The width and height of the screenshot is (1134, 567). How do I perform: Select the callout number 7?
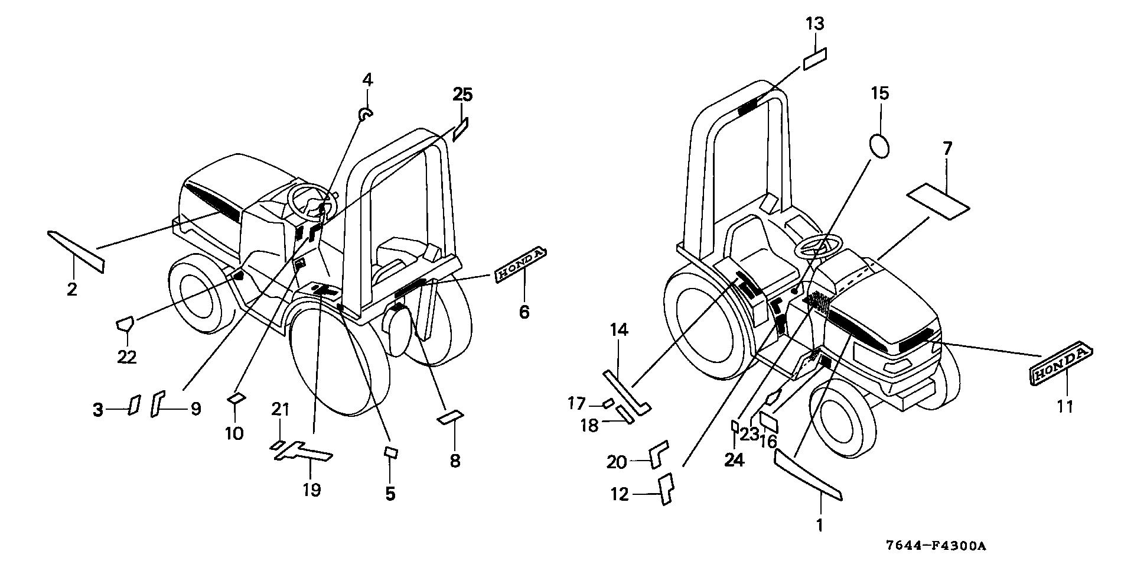tap(947, 148)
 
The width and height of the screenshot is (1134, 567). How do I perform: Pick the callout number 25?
tap(463, 94)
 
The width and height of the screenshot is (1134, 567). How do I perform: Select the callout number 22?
tap(127, 357)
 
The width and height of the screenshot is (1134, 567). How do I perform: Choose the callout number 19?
tap(311, 490)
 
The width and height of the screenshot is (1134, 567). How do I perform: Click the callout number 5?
tap(390, 494)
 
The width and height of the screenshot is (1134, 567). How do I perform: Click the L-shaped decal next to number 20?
tap(658, 453)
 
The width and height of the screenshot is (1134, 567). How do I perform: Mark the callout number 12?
tap(620, 494)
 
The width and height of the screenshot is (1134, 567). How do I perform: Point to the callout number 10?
tap(234, 433)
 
